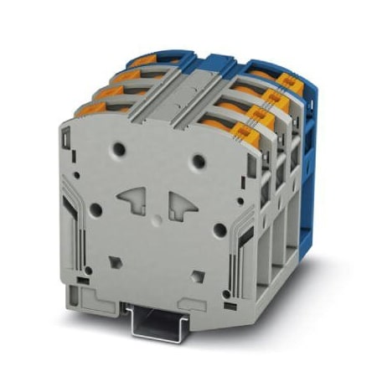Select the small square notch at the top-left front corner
click(65, 130)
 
